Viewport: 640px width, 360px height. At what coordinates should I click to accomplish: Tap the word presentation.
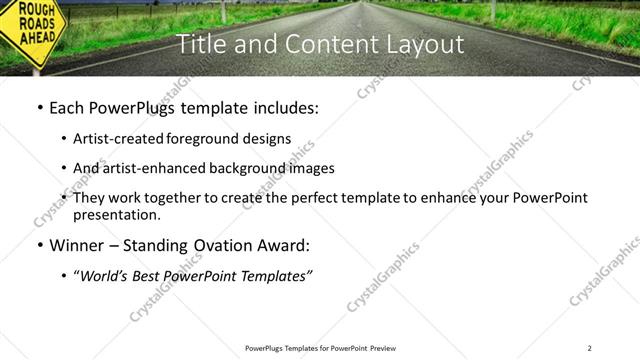[x=116, y=215]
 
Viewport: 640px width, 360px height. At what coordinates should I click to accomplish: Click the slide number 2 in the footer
[x=590, y=348]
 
